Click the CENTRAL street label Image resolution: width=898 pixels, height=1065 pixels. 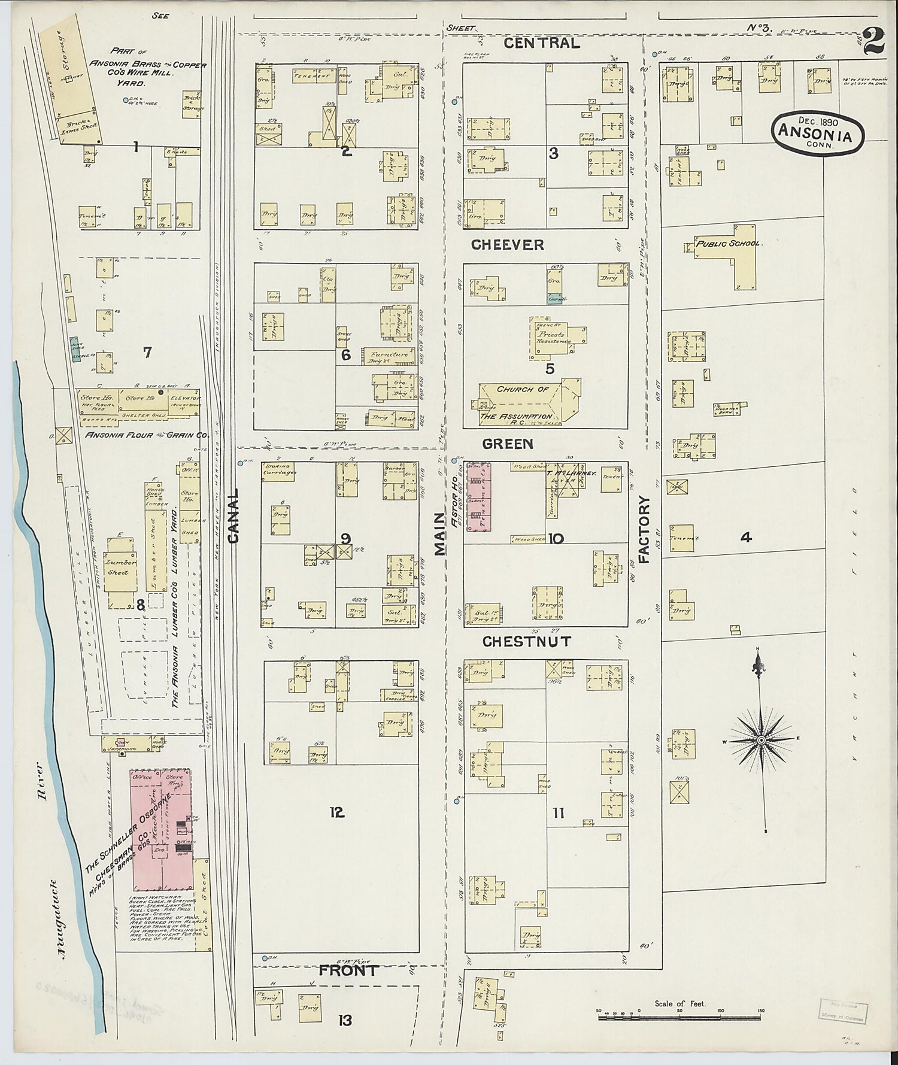[x=541, y=43]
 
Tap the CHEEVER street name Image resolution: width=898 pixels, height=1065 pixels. [x=507, y=245]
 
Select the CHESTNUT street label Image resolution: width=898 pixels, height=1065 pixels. [x=527, y=642]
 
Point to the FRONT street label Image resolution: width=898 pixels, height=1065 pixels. [x=348, y=970]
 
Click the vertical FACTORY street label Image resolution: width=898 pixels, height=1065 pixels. [x=644, y=529]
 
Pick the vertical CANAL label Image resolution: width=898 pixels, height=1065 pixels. [x=233, y=516]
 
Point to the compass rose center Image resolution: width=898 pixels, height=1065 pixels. [x=760, y=741]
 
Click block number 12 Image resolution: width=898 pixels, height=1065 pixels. [x=336, y=812]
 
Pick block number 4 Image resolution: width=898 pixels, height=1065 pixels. [x=745, y=538]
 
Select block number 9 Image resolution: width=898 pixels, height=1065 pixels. [x=345, y=538]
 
